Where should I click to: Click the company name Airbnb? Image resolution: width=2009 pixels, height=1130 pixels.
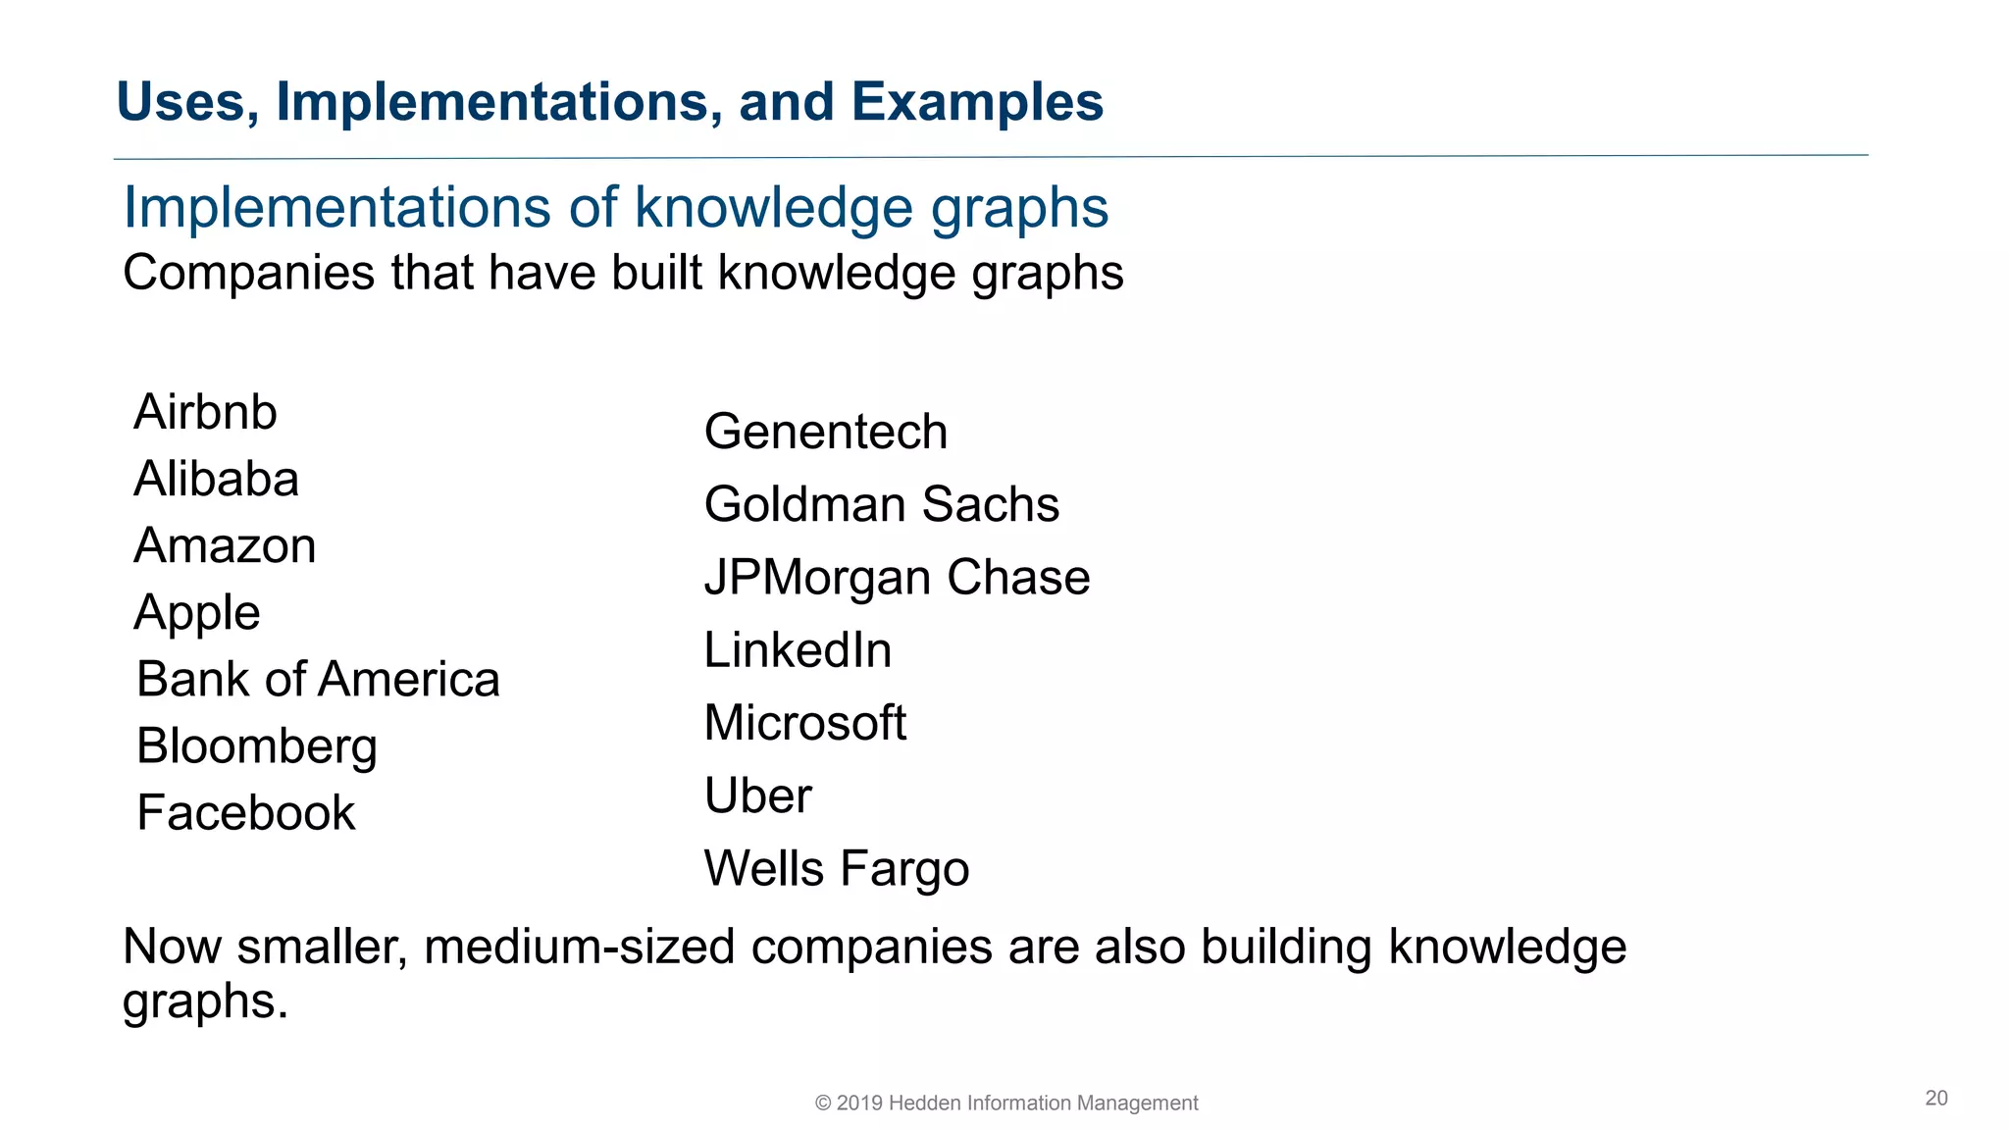[x=205, y=412]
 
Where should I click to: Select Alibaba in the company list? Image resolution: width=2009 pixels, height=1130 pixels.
[x=216, y=480]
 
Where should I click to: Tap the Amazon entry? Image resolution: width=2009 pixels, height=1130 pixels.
[x=225, y=546]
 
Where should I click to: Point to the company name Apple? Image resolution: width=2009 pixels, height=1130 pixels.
[x=197, y=613]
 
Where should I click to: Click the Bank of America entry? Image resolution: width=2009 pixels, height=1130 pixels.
[x=318, y=680]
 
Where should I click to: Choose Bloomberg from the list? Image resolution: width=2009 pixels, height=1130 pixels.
[x=257, y=746]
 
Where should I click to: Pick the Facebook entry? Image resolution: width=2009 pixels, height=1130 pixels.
[x=245, y=813]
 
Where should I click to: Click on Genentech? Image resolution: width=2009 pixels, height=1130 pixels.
[x=825, y=433]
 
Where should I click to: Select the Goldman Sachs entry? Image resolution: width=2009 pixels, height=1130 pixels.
[x=881, y=505]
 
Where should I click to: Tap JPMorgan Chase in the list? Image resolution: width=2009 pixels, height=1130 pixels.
[x=897, y=578]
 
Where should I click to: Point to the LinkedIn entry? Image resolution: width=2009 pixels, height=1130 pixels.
[x=798, y=650]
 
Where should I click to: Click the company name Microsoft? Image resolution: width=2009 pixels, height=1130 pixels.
[x=804, y=723]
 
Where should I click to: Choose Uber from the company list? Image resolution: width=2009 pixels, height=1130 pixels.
[x=757, y=796]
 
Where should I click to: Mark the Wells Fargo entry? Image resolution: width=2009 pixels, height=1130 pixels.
[x=836, y=869]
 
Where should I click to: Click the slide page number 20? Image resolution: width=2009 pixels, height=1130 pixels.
[x=1935, y=1098]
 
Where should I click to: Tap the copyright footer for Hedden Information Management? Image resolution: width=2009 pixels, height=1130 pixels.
[x=1006, y=1103]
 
